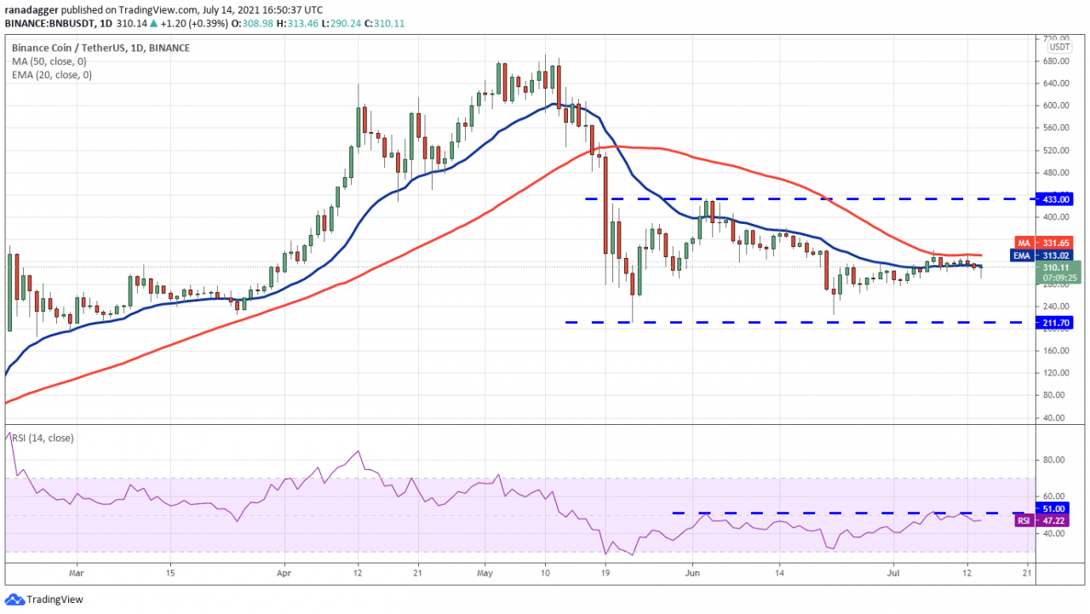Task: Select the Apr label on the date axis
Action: [x=283, y=574]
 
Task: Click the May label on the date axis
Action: [x=485, y=574]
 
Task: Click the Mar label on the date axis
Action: [x=77, y=574]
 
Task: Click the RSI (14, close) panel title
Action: [x=43, y=438]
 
